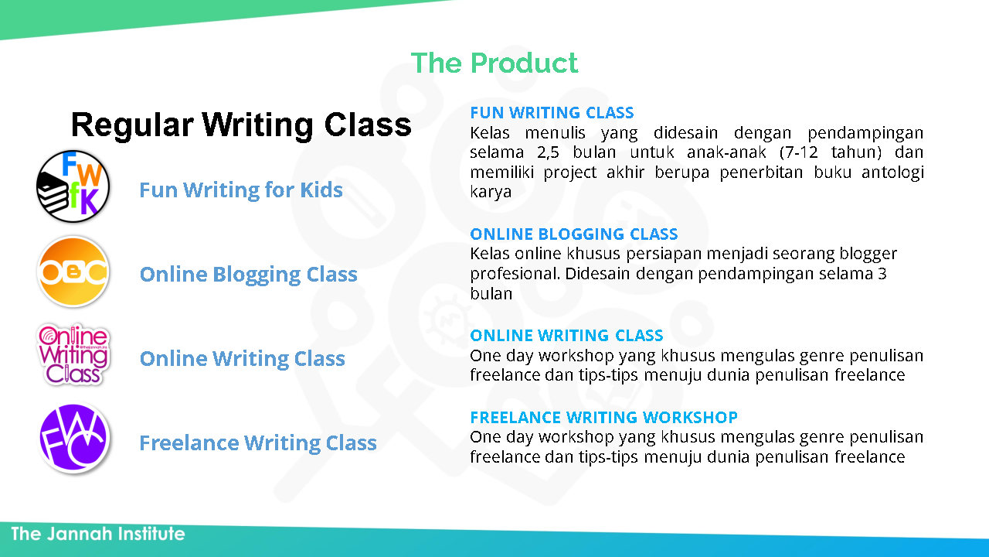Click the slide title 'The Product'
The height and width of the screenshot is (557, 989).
coord(494,63)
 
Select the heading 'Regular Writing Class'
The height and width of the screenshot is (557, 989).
coord(241,125)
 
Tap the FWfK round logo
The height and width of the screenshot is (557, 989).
coord(73,186)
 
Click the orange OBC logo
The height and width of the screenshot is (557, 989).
coord(73,272)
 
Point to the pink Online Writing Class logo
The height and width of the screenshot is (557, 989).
coord(73,354)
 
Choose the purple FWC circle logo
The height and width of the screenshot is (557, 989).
coord(73,439)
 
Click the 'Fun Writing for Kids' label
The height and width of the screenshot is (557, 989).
coord(241,190)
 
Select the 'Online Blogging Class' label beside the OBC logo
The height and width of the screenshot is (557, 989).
coord(249,275)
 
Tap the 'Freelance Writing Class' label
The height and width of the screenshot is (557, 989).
coord(258,443)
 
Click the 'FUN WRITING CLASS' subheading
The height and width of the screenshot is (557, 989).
coord(552,113)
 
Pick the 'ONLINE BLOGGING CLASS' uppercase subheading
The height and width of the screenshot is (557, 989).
coord(574,234)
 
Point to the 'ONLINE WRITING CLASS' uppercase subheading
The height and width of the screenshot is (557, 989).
coord(566,336)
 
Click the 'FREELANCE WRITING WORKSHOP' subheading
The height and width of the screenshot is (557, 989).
coord(603,417)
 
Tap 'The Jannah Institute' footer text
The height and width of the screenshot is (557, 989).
coord(98,534)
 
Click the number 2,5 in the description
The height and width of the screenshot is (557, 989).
coord(548,152)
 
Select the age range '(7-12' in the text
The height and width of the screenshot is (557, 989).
coord(799,152)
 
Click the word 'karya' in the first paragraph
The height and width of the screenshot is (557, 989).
coord(491,192)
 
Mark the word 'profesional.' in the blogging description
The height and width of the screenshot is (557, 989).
coord(515,274)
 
